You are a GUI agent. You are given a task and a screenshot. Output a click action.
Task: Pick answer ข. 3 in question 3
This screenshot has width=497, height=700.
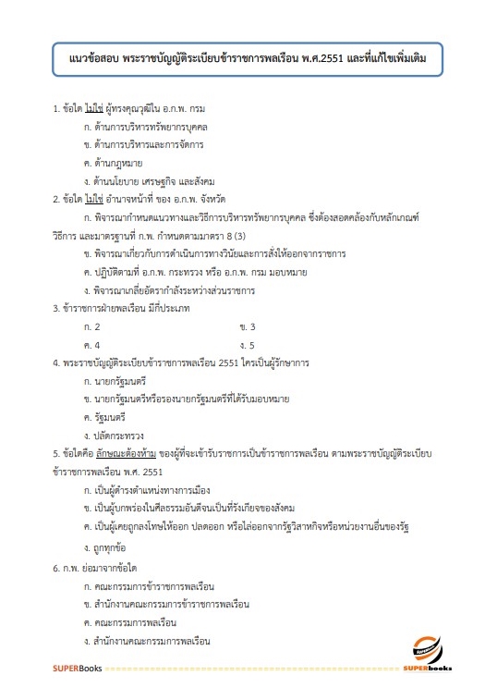247,327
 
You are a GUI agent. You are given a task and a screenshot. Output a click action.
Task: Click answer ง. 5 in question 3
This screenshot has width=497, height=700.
247,345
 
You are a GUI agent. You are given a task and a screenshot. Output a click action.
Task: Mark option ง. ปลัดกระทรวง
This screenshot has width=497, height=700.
113,435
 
